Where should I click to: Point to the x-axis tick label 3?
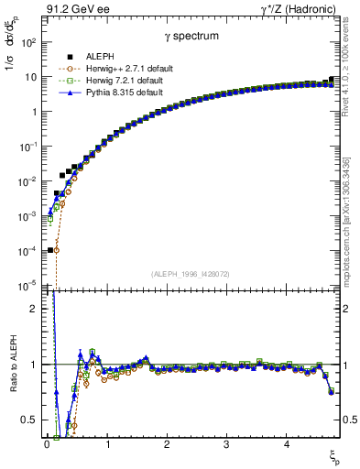[226, 445]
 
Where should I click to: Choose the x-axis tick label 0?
[47, 445]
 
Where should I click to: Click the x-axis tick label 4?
[286, 445]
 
